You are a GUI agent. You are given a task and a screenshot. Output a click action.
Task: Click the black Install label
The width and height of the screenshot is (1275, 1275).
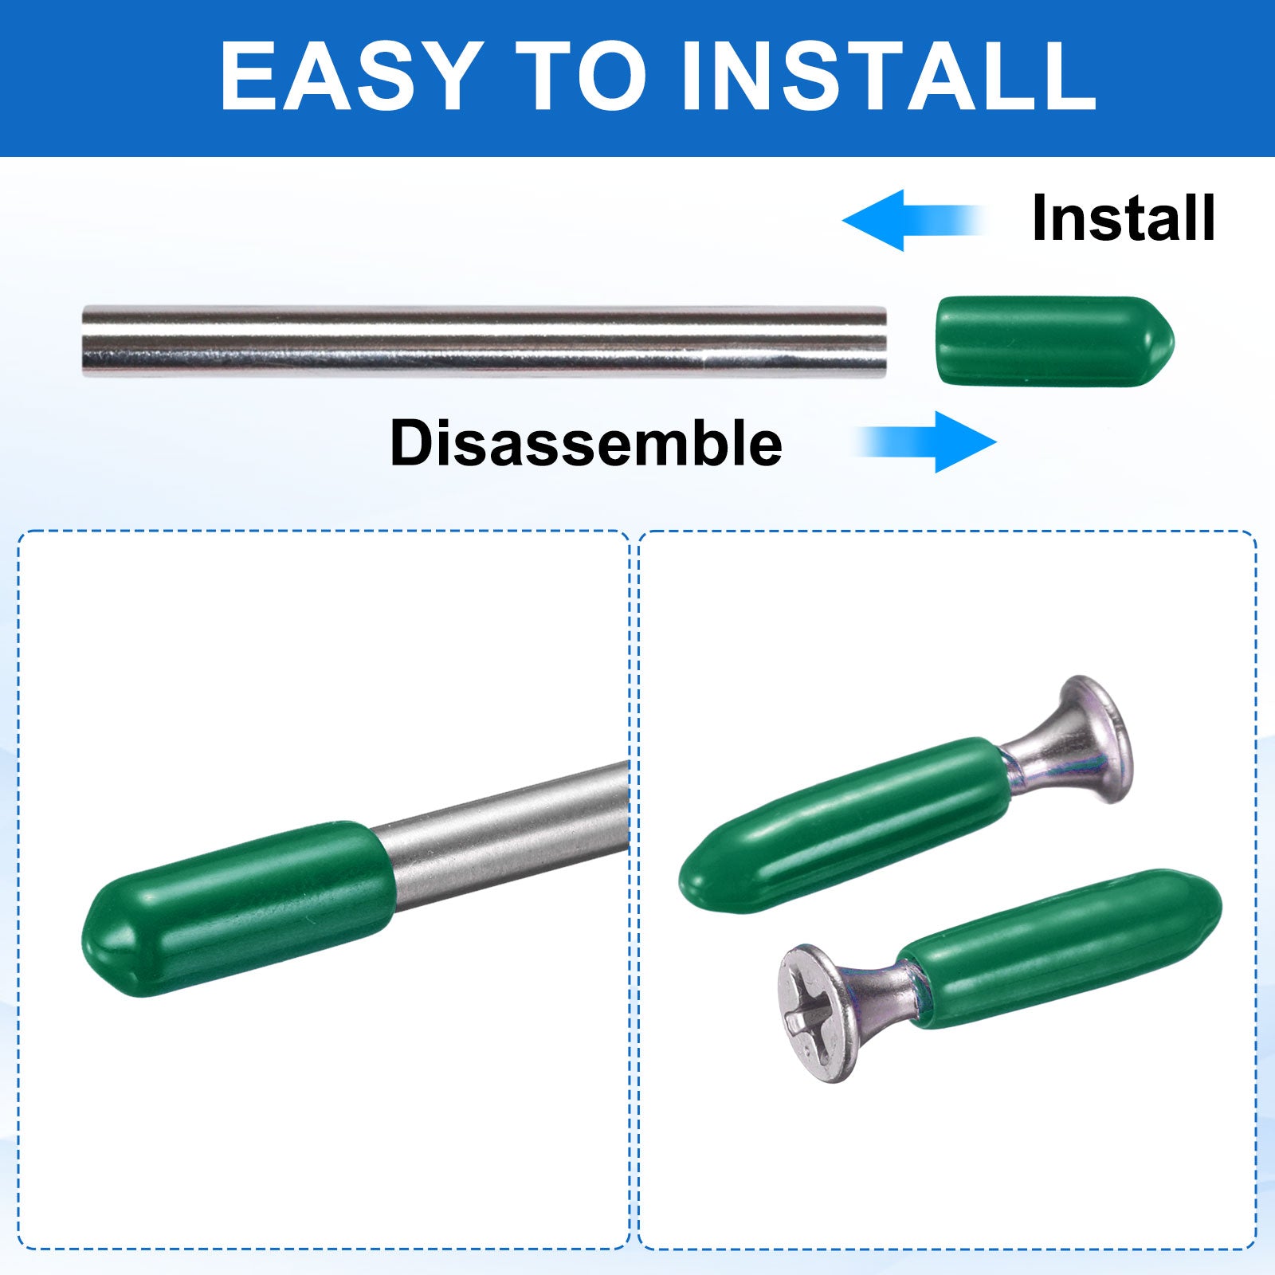pos(1124,218)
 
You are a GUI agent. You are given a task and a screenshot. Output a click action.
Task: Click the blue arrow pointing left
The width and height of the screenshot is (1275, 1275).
pos(912,220)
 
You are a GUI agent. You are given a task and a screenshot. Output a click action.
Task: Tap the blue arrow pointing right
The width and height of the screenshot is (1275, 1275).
pos(927,441)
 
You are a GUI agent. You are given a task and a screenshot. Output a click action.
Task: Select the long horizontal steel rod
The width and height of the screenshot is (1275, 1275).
pos(484,341)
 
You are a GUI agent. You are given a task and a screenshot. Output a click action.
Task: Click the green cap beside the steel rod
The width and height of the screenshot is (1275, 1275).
pos(1055,341)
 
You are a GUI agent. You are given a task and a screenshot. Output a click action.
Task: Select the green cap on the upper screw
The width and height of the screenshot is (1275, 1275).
pos(845,825)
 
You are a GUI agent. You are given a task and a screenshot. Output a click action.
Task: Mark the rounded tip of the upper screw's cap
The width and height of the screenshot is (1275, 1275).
pos(689,882)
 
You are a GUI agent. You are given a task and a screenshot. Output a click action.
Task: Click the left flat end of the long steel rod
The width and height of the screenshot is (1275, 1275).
pos(84,341)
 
